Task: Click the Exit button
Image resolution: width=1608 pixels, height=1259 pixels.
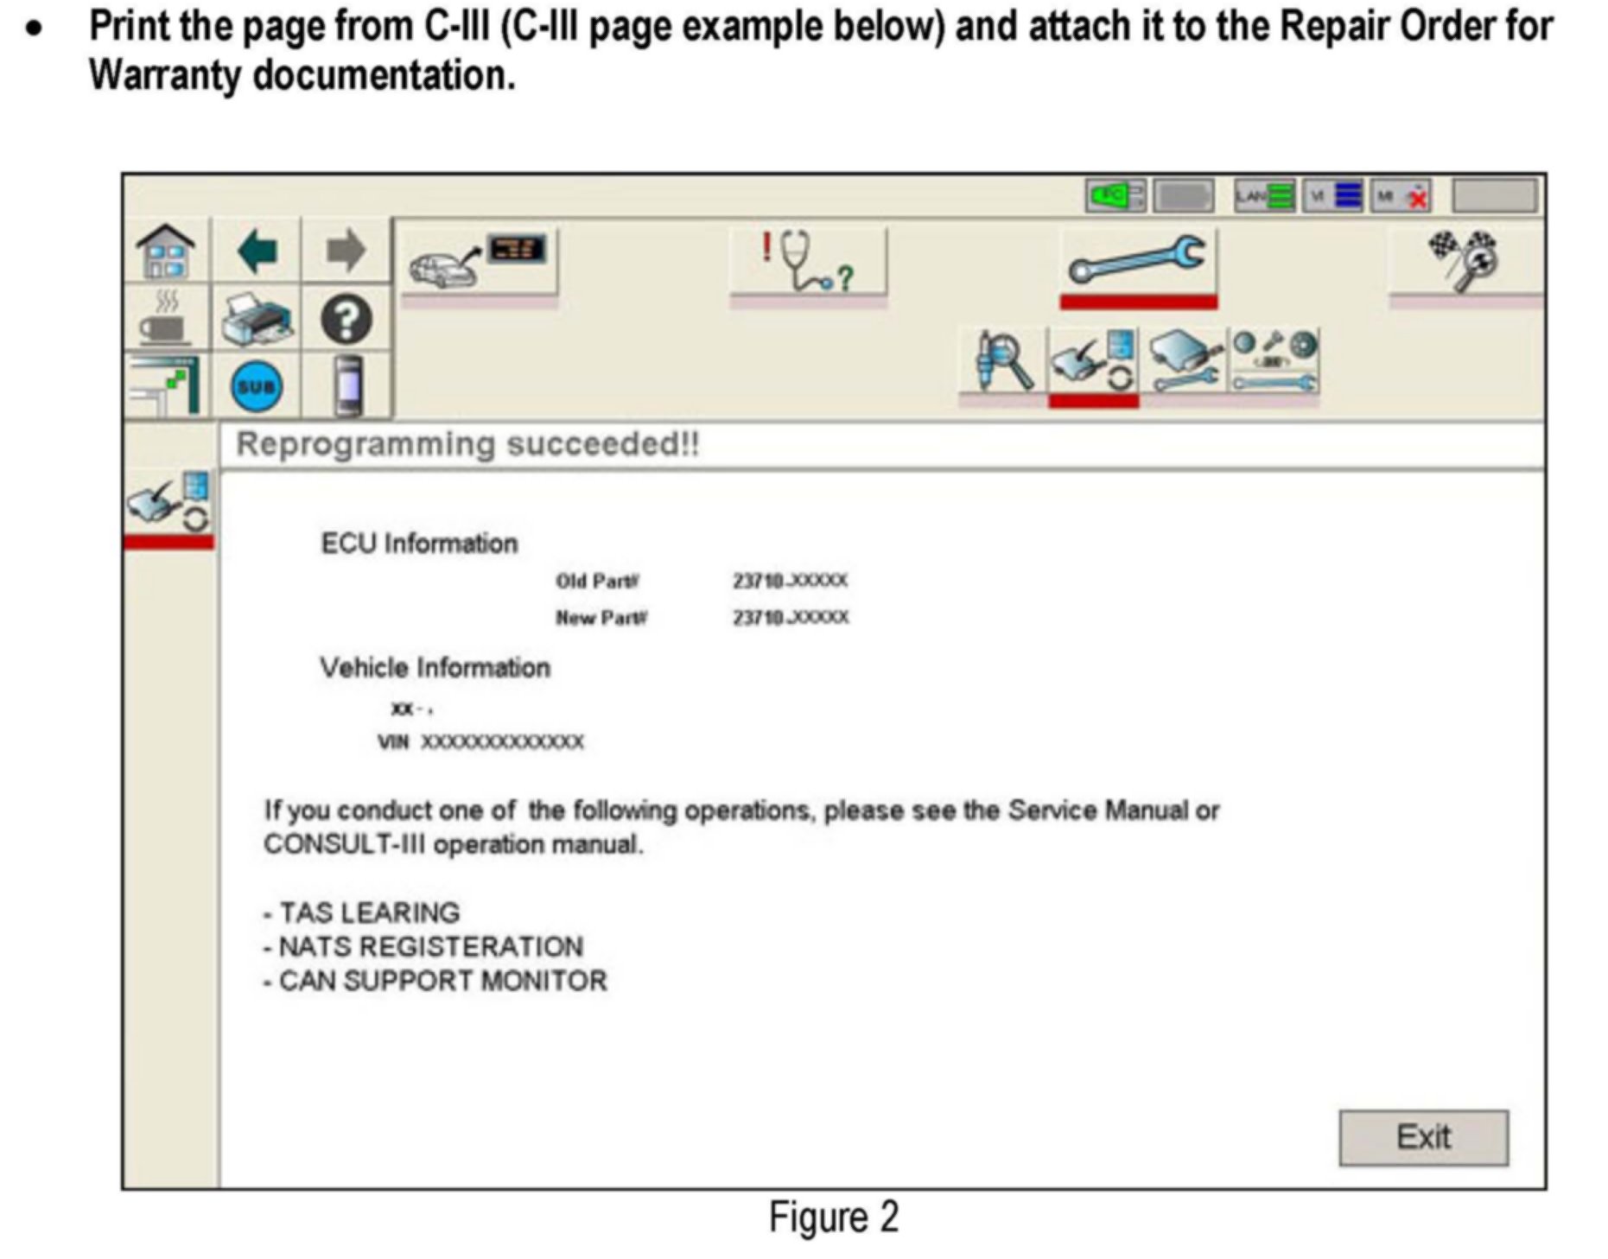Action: (x=1422, y=1137)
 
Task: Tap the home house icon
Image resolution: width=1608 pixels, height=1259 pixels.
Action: (x=166, y=251)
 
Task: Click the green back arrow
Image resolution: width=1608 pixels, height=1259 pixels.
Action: (x=257, y=251)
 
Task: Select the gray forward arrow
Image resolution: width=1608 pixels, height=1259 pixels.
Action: (x=346, y=251)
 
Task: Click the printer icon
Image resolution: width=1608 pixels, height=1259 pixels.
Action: (x=256, y=319)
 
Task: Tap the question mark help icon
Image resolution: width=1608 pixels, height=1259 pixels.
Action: (x=346, y=319)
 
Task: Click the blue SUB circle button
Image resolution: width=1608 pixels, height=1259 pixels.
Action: (x=256, y=386)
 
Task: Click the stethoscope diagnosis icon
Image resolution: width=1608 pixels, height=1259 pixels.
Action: (x=807, y=260)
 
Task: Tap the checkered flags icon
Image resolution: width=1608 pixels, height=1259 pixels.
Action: (x=1465, y=259)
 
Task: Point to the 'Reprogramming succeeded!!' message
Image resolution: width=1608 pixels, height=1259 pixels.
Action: (x=467, y=444)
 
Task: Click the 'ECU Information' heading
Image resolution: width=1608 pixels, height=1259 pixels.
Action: (x=419, y=544)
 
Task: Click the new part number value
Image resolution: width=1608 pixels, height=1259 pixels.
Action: (x=791, y=618)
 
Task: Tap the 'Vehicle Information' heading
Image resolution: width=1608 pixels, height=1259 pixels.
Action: (x=435, y=668)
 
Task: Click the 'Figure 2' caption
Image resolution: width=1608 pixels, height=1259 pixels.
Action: (x=833, y=1218)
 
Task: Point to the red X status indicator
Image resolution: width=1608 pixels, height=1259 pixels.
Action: (x=1417, y=199)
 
